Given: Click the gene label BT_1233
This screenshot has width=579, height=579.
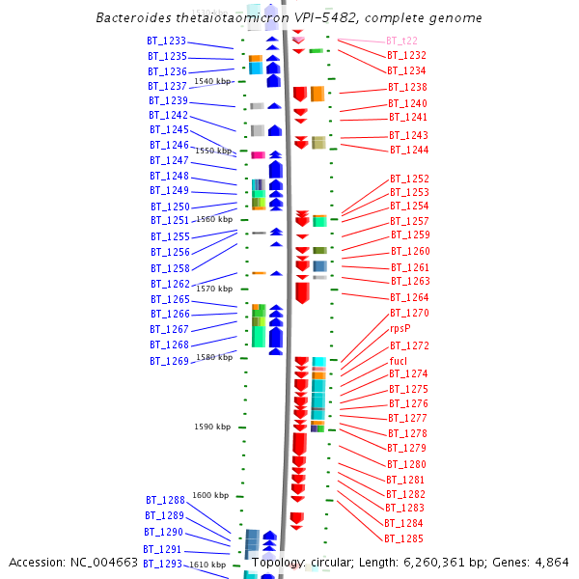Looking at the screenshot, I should [x=167, y=41].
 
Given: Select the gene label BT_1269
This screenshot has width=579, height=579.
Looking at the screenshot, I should [x=169, y=361].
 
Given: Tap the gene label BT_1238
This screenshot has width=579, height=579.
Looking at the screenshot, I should [x=407, y=88].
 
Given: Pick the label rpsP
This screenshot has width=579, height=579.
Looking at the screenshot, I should [x=400, y=329].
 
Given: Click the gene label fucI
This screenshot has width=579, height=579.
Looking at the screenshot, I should [x=398, y=361].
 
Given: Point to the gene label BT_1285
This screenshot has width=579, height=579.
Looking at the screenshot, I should [x=403, y=538].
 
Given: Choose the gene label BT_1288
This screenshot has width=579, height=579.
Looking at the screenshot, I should [x=165, y=500].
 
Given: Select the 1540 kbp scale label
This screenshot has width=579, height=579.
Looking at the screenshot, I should [x=213, y=81].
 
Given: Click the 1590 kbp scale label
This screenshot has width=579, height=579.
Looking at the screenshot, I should [x=212, y=427].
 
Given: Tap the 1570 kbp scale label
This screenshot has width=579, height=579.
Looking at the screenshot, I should [x=214, y=289].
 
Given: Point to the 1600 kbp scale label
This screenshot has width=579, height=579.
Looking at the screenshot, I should [x=210, y=495].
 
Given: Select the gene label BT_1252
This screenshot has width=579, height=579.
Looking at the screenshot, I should [x=409, y=179].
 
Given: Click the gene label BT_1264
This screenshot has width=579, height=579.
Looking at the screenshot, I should [x=409, y=297].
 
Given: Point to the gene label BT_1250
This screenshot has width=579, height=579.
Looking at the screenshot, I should [x=170, y=207].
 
